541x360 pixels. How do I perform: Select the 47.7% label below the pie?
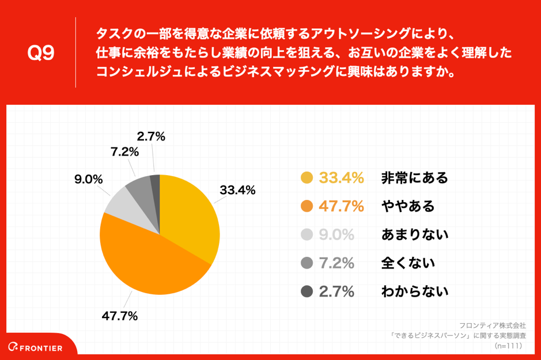(120, 316)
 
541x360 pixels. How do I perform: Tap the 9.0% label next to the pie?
(88, 179)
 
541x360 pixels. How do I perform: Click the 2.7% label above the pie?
(151, 137)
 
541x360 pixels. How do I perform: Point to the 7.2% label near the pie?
(124, 152)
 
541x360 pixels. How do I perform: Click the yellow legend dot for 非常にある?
(307, 178)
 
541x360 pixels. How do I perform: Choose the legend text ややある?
(407, 206)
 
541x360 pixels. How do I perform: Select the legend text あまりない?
(414, 234)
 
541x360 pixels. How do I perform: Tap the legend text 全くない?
(407, 263)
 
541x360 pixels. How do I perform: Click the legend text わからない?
(414, 291)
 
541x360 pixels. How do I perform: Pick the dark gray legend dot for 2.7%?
(307, 291)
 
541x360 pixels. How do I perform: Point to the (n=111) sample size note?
(508, 346)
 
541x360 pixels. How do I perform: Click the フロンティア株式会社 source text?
(493, 325)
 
